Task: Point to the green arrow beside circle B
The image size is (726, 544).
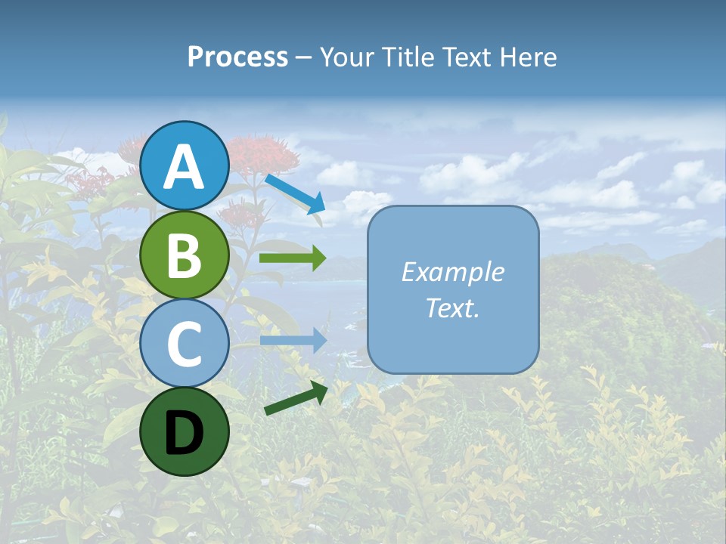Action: coord(293,258)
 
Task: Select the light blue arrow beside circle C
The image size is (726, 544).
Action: coord(293,340)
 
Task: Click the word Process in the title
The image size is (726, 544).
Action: coord(237,57)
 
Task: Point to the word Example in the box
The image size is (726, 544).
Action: coord(452,272)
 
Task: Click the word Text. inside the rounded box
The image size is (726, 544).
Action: coord(452,308)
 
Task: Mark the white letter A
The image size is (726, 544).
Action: coord(185,167)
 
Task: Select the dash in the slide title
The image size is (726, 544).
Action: coord(303,58)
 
